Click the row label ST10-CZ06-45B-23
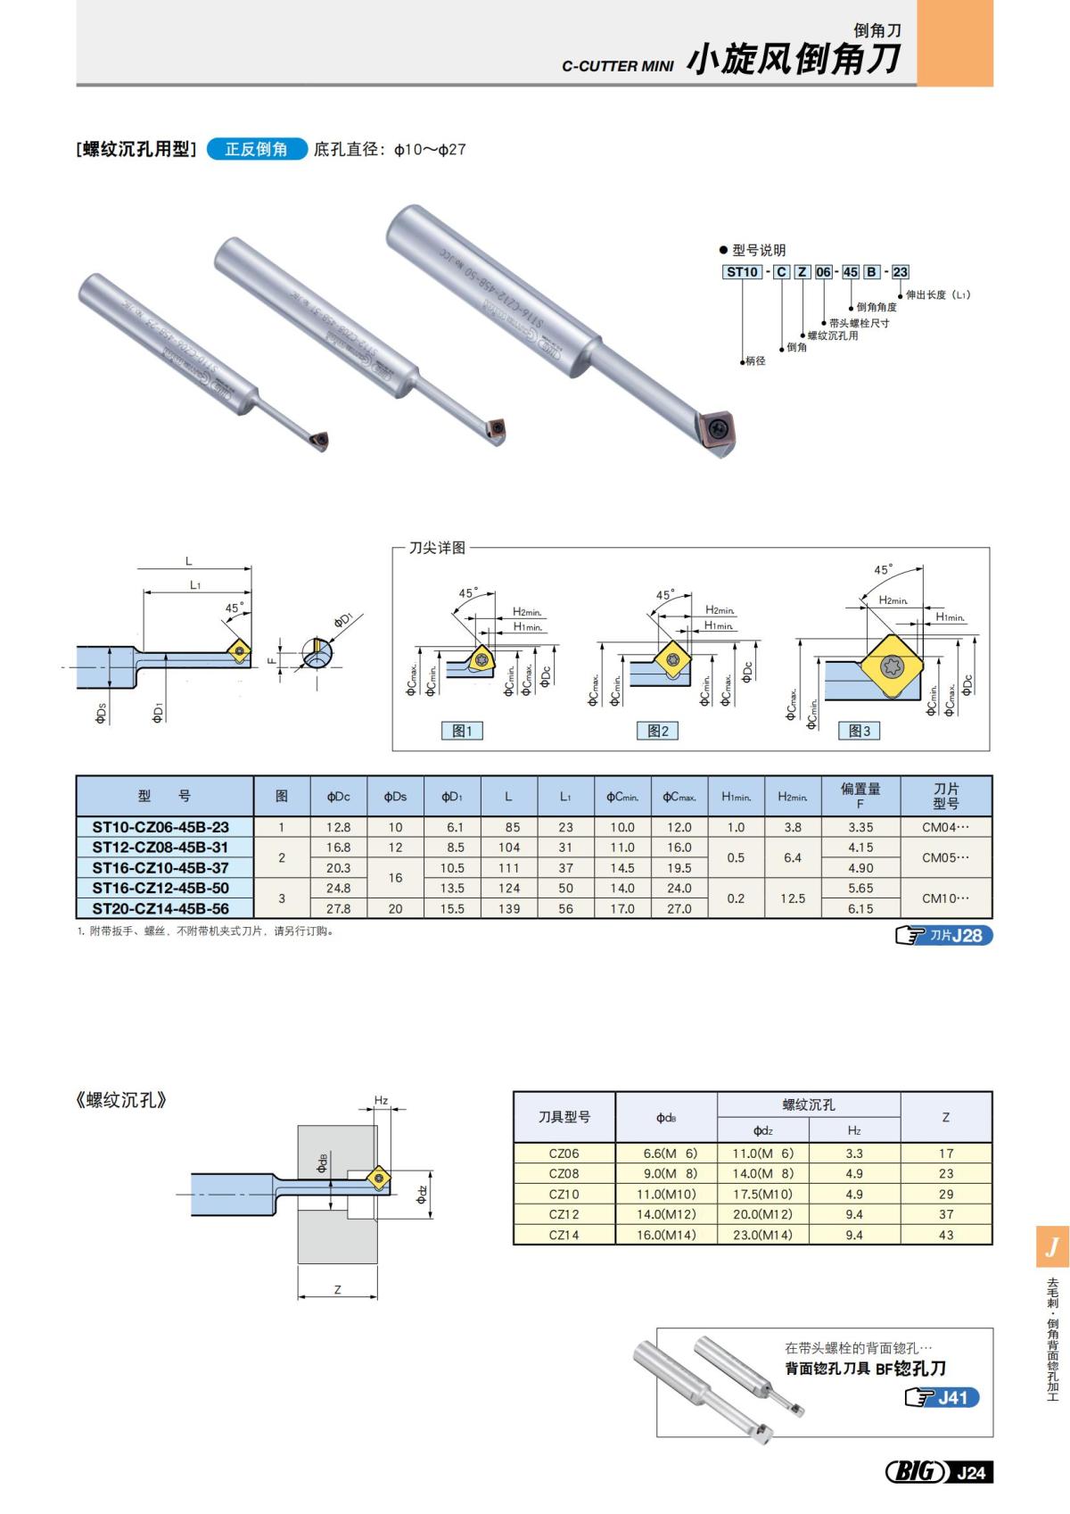click(x=160, y=827)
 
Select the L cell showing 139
click(x=509, y=908)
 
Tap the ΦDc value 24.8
click(x=338, y=888)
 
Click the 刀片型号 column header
click(x=945, y=795)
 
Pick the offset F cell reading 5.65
click(x=860, y=888)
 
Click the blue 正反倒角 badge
click(x=257, y=149)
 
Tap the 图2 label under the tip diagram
click(x=658, y=731)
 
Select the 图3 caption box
click(x=860, y=731)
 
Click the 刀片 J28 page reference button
click(x=943, y=935)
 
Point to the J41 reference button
click(x=942, y=1397)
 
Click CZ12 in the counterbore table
click(x=564, y=1214)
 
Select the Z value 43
click(x=946, y=1235)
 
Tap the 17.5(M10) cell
click(x=762, y=1194)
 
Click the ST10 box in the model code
click(x=742, y=272)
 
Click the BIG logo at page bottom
click(x=914, y=1472)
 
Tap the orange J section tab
click(x=1052, y=1245)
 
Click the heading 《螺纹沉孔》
click(x=122, y=1100)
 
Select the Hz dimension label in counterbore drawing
click(x=381, y=1100)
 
